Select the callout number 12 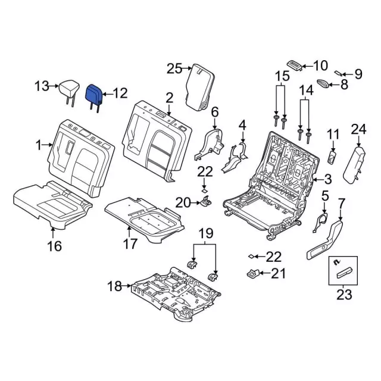[x=120, y=93]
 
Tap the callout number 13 [x=42, y=87]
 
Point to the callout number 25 [x=174, y=69]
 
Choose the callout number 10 [x=320, y=65]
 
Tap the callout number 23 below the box [x=344, y=294]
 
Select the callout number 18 [x=114, y=287]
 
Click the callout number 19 [x=205, y=232]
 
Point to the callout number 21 [x=278, y=274]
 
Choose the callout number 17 [x=130, y=243]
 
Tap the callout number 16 [x=54, y=245]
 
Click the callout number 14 [x=305, y=91]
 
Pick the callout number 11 [x=332, y=135]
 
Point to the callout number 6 [x=215, y=111]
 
